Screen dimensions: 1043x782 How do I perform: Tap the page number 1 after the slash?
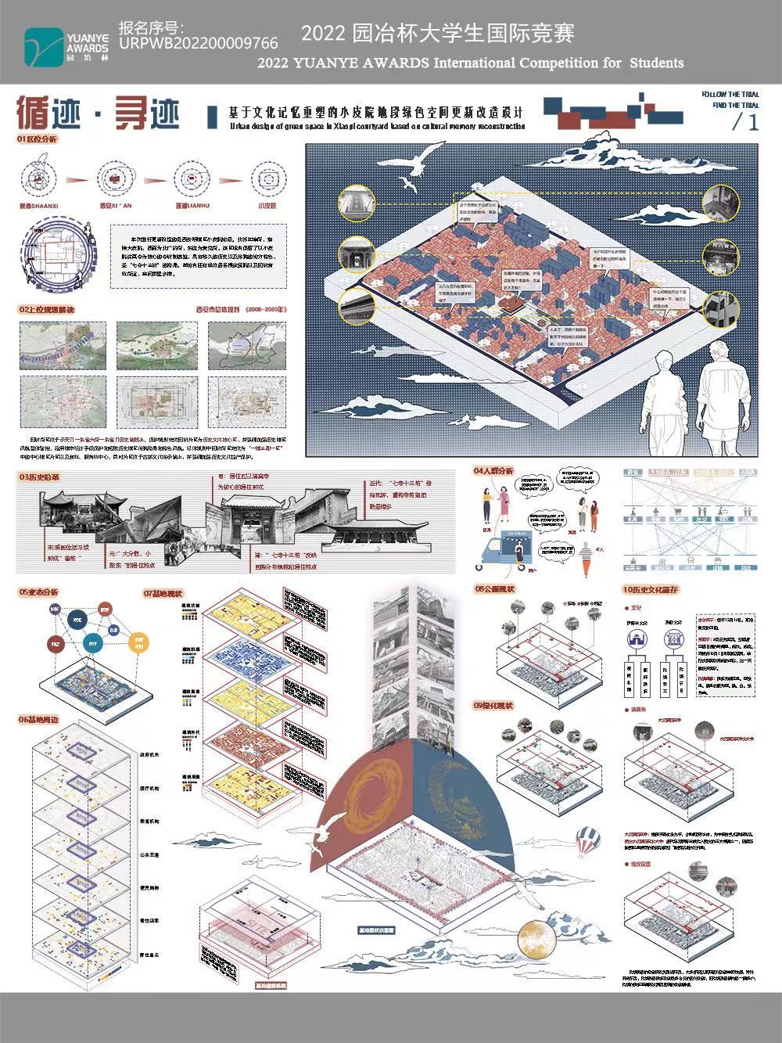[x=753, y=122]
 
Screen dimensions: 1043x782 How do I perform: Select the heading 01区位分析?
[x=38, y=139]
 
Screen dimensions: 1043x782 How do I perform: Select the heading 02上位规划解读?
[x=47, y=309]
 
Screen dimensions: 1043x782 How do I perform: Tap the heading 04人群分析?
[x=493, y=471]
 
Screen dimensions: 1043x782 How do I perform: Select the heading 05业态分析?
[x=38, y=592]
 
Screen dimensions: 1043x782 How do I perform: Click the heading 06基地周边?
[x=38, y=720]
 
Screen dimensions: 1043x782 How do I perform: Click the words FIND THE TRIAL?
[x=735, y=105]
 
